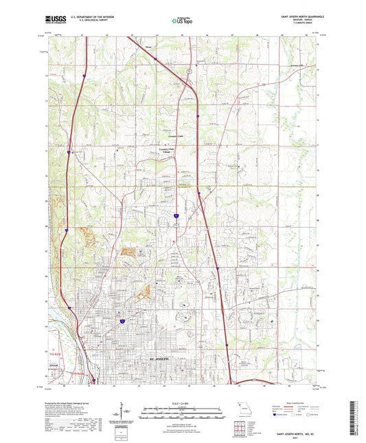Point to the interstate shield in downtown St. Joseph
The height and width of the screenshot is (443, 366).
tap(121, 320)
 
